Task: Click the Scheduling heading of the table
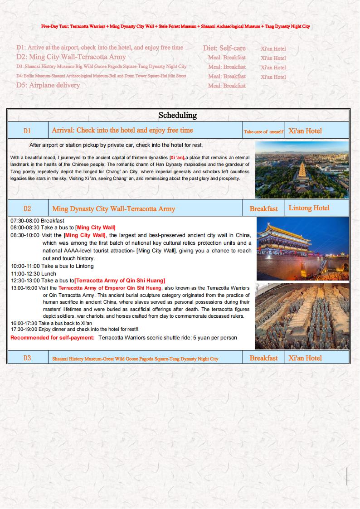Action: (177, 115)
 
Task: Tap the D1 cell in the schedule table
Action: (27, 131)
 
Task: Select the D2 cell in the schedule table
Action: (27, 209)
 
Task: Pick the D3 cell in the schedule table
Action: (27, 358)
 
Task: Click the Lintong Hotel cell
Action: (309, 208)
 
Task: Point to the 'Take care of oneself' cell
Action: (263, 132)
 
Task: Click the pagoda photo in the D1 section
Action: (302, 170)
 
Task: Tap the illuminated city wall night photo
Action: (302, 249)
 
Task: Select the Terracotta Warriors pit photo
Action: (302, 316)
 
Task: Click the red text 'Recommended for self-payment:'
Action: (53, 338)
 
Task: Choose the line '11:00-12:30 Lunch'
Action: (34, 274)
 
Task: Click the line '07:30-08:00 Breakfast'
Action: (37, 221)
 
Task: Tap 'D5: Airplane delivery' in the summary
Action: (48, 85)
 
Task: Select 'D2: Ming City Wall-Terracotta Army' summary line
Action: (71, 57)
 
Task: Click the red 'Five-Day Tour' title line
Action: (175, 27)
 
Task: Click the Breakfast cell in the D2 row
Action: (263, 209)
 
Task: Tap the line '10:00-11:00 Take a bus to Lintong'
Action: (52, 266)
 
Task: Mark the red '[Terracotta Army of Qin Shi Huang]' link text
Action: (120, 281)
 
